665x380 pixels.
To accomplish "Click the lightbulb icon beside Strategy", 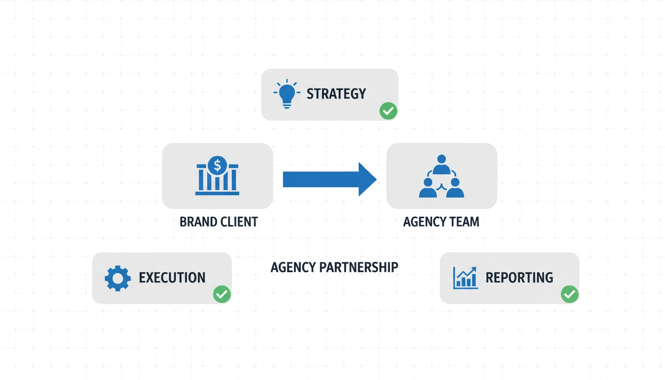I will click(286, 94).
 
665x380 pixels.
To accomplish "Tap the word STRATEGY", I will click(336, 94).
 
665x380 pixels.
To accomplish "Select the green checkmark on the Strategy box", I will click(388, 111).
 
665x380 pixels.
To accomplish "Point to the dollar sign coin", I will click(217, 165).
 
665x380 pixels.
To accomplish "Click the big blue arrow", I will click(329, 179).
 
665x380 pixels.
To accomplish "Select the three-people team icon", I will click(441, 177).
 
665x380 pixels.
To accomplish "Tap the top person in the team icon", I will click(441, 163).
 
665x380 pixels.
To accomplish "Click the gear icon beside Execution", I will click(118, 278).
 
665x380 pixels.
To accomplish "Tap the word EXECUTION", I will click(172, 278).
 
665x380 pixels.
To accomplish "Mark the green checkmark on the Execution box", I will click(221, 294).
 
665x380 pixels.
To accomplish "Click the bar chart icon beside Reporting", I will click(465, 278).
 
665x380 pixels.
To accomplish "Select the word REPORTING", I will click(519, 278).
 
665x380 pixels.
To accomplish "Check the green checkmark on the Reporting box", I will click(569, 294).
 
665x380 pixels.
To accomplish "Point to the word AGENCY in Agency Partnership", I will click(293, 267).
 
